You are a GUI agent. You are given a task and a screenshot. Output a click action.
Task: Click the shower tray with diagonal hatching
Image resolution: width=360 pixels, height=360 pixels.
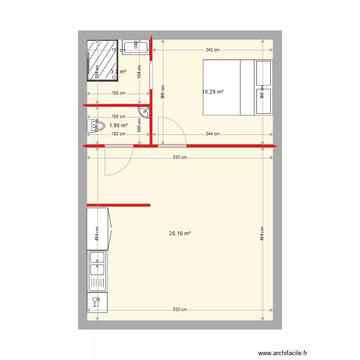102,60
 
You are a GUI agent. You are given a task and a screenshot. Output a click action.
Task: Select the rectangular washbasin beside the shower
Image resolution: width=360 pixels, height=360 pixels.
136,46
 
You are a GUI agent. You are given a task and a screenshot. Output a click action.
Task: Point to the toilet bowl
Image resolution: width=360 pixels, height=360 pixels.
96,127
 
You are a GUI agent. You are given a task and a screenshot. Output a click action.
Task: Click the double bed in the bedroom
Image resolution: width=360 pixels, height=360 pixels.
238,87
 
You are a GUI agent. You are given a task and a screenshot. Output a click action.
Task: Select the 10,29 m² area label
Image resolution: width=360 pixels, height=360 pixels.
214,91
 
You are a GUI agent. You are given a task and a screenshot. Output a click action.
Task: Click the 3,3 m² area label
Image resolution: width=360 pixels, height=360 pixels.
118,72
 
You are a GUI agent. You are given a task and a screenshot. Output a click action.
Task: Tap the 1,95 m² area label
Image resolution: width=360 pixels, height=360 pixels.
118,125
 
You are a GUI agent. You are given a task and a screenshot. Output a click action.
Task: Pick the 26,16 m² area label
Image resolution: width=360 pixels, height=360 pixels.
180,234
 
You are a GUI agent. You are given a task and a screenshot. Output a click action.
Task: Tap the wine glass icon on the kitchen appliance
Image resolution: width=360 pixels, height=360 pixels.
96,302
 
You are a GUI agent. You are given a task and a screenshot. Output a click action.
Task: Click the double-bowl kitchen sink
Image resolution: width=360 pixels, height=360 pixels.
98,262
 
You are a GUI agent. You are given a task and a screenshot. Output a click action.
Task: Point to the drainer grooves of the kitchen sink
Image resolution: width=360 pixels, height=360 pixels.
98,282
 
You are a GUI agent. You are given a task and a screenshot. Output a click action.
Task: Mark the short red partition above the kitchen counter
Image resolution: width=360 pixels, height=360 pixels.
119,205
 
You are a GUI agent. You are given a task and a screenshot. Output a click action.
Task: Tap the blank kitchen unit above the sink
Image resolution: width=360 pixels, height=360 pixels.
98,229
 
